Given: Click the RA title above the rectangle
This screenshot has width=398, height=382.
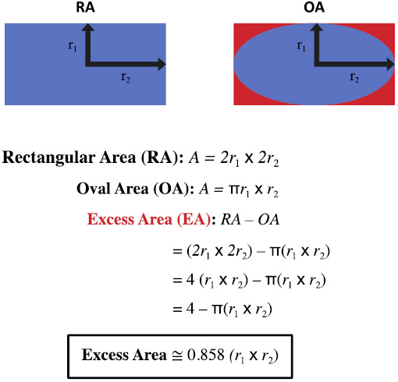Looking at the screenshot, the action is pos(85,7).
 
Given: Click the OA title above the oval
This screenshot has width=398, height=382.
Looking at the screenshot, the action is pos(314,7).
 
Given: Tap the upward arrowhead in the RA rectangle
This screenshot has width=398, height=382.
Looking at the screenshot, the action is pos(88,27).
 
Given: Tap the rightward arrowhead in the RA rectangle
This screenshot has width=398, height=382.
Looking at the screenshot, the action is pos(162,64).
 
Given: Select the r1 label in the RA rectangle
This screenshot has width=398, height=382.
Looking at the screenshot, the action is pos(73,46).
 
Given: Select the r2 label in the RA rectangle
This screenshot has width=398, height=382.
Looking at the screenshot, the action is pos(126,77).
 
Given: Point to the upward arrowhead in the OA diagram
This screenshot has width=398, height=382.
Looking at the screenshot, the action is pos(317,27).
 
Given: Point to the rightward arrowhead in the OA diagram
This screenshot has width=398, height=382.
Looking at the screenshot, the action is pos(391,64).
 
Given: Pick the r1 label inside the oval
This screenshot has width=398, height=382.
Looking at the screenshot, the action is pos(301,46).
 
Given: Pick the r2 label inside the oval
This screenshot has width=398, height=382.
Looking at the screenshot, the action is pos(354,77).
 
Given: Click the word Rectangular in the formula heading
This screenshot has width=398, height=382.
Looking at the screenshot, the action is pos(49,158).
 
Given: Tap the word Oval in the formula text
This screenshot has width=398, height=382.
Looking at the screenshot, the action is pos(94,189).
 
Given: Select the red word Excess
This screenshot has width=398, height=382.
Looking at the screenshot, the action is pos(110,219).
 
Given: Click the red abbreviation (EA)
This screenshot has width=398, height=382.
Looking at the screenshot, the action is pos(194,220).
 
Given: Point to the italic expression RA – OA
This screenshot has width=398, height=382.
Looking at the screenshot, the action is pos(250,220).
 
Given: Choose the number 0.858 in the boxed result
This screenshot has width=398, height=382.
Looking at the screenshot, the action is pos(206,355).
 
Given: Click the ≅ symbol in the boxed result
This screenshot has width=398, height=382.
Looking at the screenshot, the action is pos(177,355).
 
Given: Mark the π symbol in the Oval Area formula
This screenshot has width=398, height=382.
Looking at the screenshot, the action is pos(234,190).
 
